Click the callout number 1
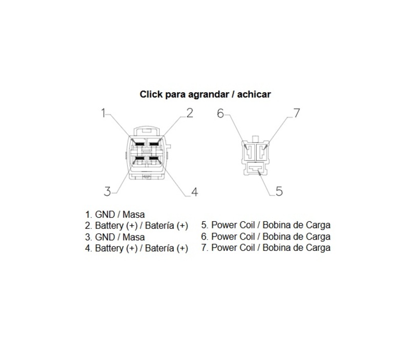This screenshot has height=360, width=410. [x=104, y=113]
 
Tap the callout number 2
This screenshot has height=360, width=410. [x=190, y=113]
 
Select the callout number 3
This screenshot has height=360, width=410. [x=107, y=191]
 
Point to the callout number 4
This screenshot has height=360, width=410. [x=195, y=192]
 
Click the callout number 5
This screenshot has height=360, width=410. [x=279, y=191]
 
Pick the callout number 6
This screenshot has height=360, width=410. [x=220, y=113]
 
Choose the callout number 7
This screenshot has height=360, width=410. [x=297, y=113]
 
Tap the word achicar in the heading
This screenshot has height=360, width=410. [x=254, y=94]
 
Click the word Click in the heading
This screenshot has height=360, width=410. [x=151, y=94]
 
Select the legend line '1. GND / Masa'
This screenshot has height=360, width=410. [x=115, y=215]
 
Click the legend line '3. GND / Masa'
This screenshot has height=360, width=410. [x=115, y=237]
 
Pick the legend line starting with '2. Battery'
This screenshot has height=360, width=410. [x=136, y=225]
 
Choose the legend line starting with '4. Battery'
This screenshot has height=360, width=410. [x=136, y=248]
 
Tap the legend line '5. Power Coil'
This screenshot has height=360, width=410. [x=265, y=225]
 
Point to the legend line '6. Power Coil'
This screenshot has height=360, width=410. [x=265, y=237]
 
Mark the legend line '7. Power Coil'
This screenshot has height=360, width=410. [x=265, y=248]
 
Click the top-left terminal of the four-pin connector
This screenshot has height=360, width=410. [x=139, y=144]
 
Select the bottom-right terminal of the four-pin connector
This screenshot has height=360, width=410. [x=153, y=158]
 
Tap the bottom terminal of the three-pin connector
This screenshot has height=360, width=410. [x=255, y=168]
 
